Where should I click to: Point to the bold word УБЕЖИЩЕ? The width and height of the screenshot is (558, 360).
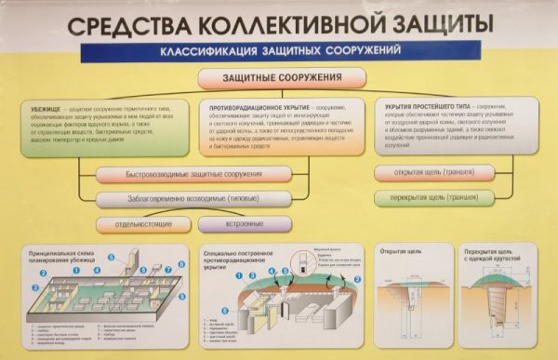point(46,110)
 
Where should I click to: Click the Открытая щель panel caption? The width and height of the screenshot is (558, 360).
point(398,251)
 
